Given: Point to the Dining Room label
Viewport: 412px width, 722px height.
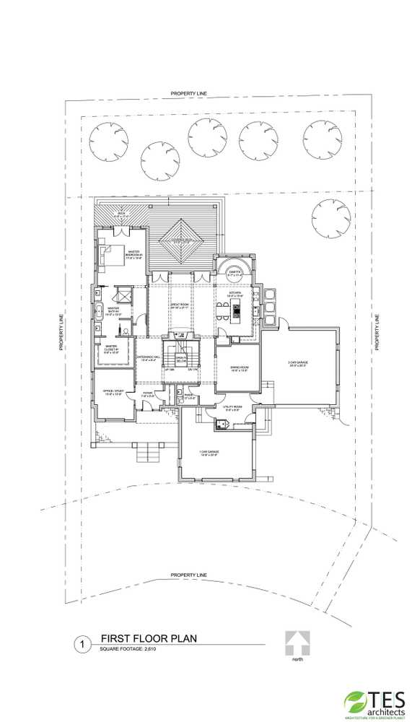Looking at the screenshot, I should point(238,370).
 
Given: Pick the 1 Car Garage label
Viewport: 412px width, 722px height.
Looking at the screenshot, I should point(209,453).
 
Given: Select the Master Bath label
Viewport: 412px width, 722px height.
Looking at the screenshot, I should point(114,311).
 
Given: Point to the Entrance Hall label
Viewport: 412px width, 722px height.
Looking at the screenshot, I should point(147,359).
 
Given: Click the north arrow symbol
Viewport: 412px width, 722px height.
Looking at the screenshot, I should point(297,642).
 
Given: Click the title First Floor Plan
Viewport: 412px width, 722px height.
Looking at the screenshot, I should point(149,639).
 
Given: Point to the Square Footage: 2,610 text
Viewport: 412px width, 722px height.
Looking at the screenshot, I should point(128,650).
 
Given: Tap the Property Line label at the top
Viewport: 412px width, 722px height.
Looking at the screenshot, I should point(189,94).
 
